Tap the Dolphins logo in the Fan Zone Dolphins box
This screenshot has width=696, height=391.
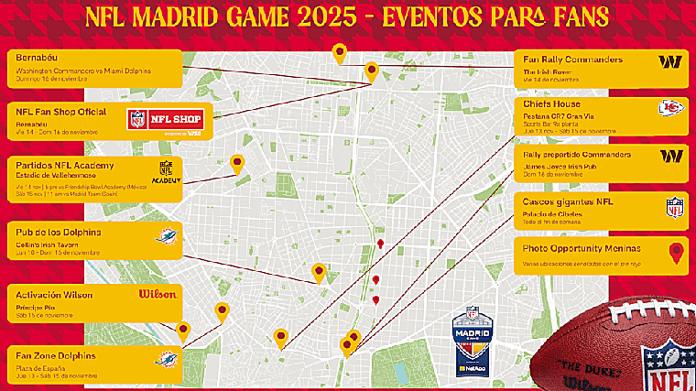pos(167,358)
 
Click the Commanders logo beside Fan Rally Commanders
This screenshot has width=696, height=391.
pos(670,62)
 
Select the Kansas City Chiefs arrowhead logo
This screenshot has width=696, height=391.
pos(670,109)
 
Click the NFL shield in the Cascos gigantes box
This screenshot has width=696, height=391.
pos(675,207)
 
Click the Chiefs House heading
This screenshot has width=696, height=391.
pos(551,104)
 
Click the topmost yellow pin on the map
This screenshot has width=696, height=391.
pos(340,52)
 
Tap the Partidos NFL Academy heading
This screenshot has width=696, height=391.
pos(65,164)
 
